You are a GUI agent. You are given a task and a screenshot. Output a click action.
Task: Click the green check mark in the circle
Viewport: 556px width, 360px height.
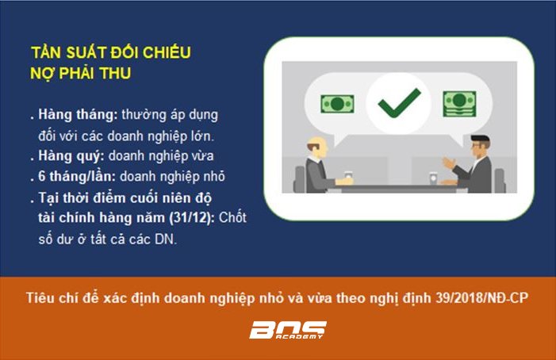coord(399,103)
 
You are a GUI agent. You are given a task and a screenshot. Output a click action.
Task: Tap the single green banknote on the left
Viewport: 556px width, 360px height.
coord(337,104)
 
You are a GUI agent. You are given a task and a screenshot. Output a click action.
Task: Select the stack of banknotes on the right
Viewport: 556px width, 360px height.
coord(459,104)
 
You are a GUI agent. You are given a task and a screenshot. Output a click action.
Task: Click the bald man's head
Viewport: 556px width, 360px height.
coord(317,147)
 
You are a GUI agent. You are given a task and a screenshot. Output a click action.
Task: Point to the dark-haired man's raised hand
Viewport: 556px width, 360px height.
coord(449,163)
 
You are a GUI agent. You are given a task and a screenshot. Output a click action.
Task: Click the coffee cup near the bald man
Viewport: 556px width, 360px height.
coord(348,176)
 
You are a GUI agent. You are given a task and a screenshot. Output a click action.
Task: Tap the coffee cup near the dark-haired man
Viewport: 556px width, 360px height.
coord(433,178)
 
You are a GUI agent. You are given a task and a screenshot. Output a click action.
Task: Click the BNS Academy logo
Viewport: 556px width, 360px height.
coord(288,330)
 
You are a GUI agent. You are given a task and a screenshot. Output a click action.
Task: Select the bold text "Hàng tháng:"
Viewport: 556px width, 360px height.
coord(78,115)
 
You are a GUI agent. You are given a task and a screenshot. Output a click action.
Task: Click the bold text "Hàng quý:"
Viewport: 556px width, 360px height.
coord(71,156)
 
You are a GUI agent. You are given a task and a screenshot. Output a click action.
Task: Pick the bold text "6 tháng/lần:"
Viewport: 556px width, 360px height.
coord(77,177)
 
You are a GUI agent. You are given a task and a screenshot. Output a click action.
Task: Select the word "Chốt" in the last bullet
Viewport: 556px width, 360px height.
coord(232,217)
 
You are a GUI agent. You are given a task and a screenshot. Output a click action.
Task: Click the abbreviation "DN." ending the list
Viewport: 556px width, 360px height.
coord(166,239)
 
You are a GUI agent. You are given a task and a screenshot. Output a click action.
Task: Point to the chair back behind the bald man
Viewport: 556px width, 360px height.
coord(299,179)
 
